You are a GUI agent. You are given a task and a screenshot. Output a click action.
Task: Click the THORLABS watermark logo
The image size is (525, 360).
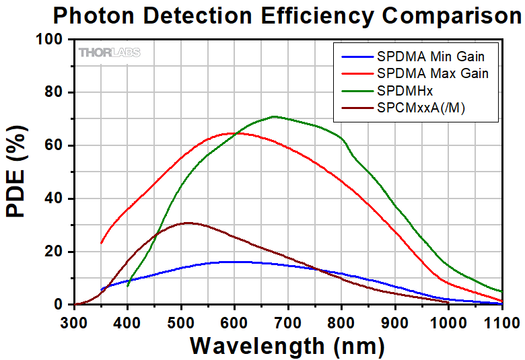click(109, 52)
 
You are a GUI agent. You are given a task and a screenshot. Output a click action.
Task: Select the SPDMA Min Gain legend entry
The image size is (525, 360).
click(431, 57)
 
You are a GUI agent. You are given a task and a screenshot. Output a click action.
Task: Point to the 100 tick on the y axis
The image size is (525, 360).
click(53, 40)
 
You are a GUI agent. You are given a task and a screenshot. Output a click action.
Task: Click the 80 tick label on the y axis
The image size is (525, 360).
click(56, 93)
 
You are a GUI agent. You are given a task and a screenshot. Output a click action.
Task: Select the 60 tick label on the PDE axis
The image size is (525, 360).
click(56, 145)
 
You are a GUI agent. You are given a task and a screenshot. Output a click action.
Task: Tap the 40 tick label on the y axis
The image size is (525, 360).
click(56, 199)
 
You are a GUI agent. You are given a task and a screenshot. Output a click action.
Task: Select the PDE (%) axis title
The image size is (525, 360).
click(18, 172)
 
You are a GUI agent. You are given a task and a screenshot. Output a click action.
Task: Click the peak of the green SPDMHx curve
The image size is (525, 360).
click(274, 116)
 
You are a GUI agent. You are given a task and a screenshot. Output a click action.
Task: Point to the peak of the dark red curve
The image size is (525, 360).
click(188, 223)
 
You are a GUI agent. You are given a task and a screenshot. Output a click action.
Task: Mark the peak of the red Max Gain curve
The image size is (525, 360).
click(233, 133)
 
